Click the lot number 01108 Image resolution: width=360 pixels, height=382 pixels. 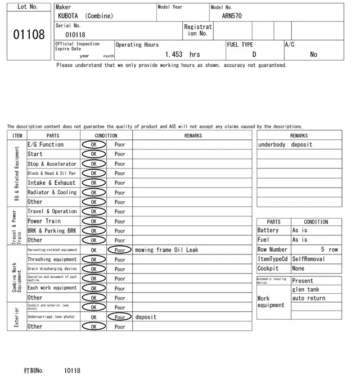29,35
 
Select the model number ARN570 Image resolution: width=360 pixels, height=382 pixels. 232,16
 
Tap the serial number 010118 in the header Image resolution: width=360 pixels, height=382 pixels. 75,35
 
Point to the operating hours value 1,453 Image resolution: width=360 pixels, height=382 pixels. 173,54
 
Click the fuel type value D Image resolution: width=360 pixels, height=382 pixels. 254,54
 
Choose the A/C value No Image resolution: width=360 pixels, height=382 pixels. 313,54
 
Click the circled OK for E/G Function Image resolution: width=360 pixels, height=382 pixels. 93,144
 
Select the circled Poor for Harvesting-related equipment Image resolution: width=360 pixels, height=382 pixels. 119,250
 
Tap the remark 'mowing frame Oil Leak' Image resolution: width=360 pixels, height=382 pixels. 166,250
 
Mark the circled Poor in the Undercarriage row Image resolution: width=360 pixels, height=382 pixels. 119,317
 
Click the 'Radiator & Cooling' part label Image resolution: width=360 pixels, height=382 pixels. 52,192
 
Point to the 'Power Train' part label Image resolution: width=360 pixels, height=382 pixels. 44,221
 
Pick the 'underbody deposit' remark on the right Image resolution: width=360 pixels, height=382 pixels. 285,145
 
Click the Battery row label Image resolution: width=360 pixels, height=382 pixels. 268,230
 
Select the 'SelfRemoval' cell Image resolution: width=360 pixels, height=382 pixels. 308,259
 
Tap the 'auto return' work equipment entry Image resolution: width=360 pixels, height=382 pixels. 309,298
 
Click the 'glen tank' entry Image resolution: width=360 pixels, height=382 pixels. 305,289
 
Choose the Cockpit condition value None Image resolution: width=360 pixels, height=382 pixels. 298,269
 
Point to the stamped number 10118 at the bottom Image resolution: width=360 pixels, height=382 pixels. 72,371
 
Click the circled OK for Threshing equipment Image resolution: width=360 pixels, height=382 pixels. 93,260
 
